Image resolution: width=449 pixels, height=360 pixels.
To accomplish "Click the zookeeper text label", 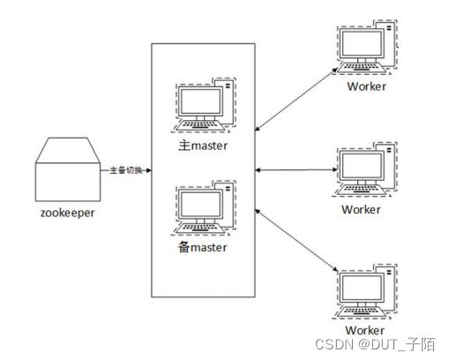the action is [x=68, y=213].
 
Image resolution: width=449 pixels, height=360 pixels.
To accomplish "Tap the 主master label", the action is [x=203, y=146].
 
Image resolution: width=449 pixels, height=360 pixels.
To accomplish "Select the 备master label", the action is [x=203, y=247].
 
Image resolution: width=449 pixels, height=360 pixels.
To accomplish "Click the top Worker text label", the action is [x=366, y=86].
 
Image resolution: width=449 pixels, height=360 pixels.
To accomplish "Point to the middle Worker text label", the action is [x=361, y=210].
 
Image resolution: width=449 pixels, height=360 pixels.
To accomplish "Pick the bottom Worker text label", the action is [x=364, y=330].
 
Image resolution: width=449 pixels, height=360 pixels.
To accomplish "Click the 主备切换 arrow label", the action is [x=126, y=170].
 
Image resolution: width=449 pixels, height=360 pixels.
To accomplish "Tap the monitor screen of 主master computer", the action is [x=200, y=101].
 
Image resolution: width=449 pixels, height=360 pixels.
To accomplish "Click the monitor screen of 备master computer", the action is [x=200, y=204].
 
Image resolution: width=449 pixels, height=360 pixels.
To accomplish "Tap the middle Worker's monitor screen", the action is [x=362, y=165].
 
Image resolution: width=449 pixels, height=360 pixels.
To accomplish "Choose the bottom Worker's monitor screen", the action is [x=362, y=288].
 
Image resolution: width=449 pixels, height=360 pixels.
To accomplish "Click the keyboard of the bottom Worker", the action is [x=361, y=311].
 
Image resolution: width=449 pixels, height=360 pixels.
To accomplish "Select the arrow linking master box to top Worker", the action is [x=296, y=99].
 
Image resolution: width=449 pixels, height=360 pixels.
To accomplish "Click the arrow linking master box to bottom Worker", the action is [x=296, y=240].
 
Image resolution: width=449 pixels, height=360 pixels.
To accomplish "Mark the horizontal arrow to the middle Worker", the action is [x=296, y=170].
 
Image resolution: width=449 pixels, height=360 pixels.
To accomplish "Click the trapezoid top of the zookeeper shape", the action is [x=68, y=150].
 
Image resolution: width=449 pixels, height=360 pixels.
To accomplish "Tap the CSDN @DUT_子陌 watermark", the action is [x=375, y=344].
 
